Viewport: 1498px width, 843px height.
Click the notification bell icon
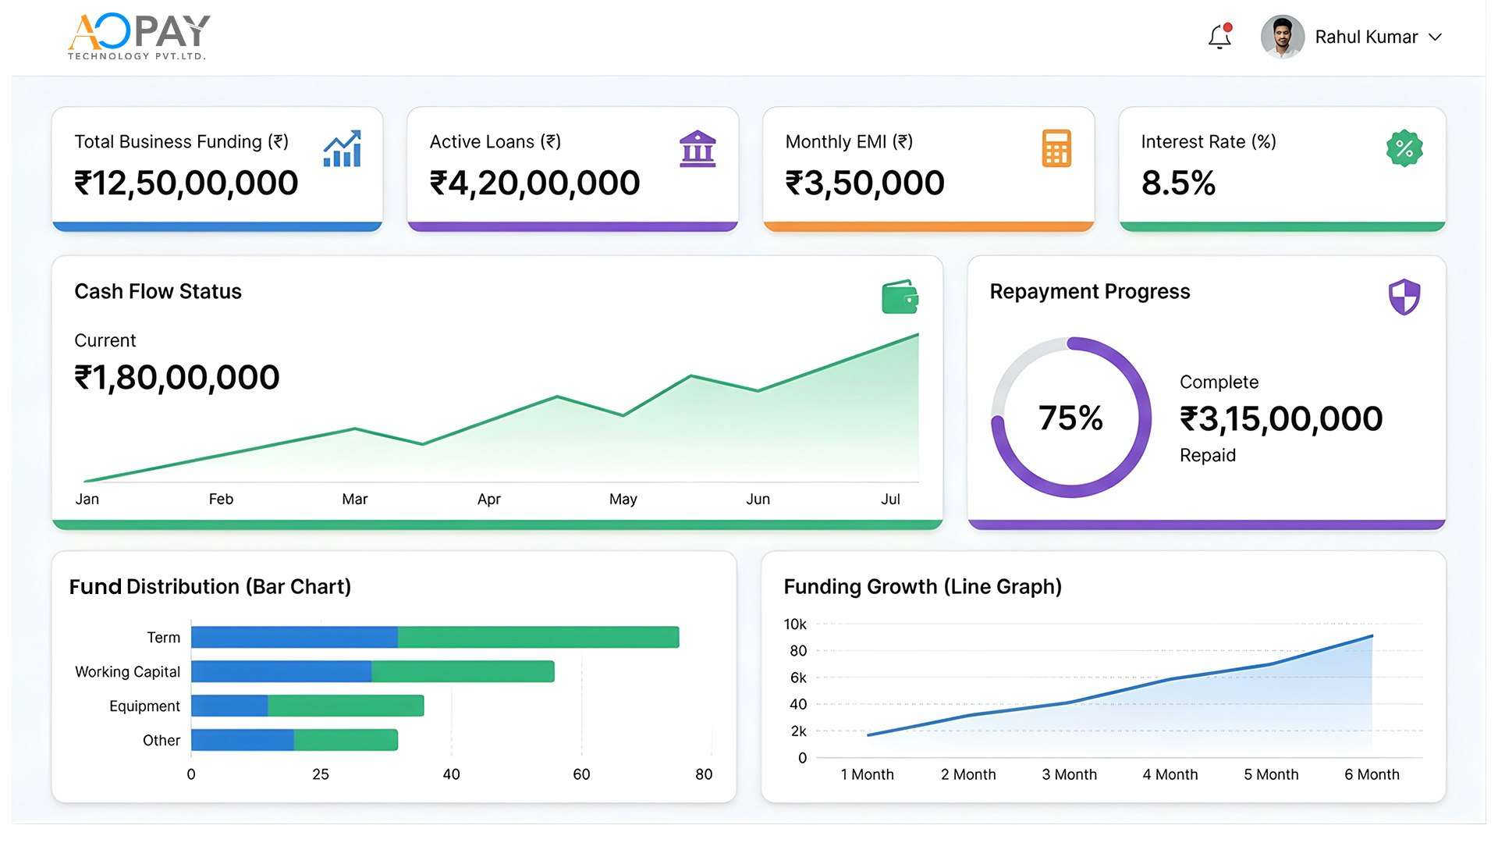click(x=1219, y=37)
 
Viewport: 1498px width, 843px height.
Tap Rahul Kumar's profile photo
click(x=1282, y=37)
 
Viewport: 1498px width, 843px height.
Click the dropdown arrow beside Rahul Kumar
click(x=1435, y=37)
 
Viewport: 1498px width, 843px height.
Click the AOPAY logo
click(x=139, y=36)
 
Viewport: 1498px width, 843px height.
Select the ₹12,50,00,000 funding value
click(x=186, y=183)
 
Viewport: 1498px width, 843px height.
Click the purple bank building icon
click(x=698, y=148)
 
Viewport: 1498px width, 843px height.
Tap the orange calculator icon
click(x=1056, y=148)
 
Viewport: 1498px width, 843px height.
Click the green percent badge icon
click(x=1404, y=148)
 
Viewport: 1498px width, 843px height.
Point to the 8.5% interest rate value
click(x=1178, y=183)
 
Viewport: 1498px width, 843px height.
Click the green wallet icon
click(x=900, y=297)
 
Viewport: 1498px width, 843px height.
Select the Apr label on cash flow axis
click(x=489, y=500)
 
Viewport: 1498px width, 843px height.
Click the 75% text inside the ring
click(x=1070, y=418)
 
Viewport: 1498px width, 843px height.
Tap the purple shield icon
click(x=1404, y=297)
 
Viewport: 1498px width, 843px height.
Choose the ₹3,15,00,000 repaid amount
click(x=1281, y=419)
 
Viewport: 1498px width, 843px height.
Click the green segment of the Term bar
click(x=538, y=637)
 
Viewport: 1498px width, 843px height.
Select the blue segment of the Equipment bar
click(x=229, y=706)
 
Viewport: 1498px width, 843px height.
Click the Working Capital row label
click(x=127, y=672)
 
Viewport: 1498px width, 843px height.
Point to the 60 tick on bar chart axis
click(x=581, y=774)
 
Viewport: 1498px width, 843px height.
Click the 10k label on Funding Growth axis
click(x=795, y=624)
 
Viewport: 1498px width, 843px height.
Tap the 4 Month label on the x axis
click(x=1170, y=774)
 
